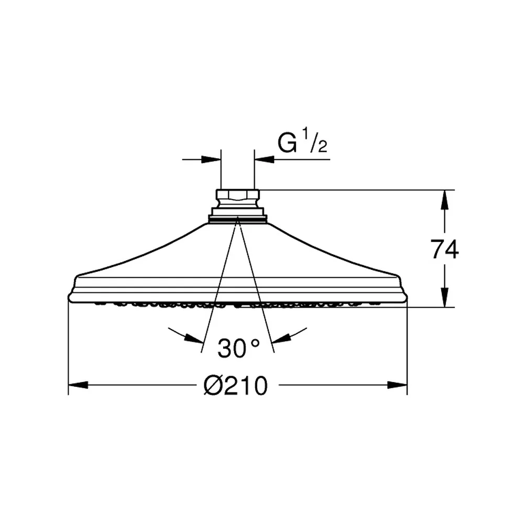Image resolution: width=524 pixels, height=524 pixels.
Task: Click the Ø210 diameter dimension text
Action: point(236,385)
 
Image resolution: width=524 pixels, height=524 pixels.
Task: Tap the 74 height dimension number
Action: point(444,249)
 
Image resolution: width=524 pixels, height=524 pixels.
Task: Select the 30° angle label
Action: point(238,348)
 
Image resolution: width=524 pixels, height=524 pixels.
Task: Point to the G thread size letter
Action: point(287,143)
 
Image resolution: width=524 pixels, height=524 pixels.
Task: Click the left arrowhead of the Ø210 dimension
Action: point(78,385)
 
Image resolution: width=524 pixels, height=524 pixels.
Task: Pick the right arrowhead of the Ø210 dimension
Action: point(397,385)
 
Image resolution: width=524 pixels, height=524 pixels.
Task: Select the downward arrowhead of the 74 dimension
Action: point(444,297)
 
